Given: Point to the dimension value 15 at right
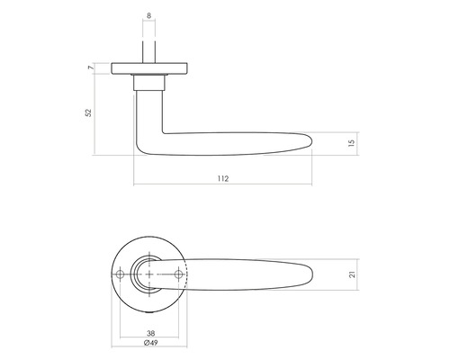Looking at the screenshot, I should [x=351, y=140].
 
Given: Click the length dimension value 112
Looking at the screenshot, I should [x=223, y=179].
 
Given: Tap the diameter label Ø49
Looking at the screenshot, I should [x=148, y=343].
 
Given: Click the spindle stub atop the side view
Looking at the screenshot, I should [x=148, y=50].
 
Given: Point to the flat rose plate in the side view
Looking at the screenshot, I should [x=148, y=68].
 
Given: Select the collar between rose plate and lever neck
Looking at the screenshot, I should [x=148, y=84].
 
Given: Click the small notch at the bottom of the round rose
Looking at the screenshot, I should [x=148, y=308].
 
